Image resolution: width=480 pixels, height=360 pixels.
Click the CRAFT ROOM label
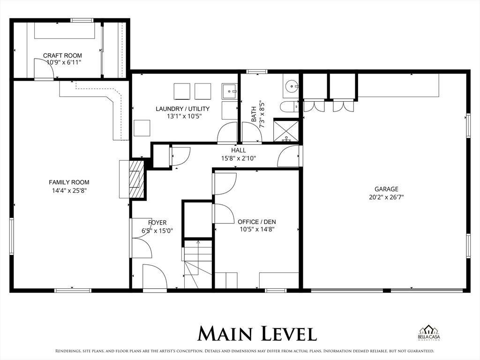[62, 55]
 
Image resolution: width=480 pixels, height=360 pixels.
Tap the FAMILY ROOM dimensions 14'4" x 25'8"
[69, 190]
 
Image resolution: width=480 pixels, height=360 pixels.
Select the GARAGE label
[386, 189]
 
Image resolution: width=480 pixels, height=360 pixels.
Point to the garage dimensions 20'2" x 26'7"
[386, 197]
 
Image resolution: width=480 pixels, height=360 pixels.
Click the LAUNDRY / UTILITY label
[182, 109]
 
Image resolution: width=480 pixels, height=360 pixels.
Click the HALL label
[238, 150]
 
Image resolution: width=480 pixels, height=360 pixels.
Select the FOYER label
[157, 223]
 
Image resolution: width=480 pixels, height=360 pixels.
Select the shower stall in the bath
[286, 131]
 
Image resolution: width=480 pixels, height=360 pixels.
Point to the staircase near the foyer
[197, 265]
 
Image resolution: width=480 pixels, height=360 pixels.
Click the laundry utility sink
[229, 91]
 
